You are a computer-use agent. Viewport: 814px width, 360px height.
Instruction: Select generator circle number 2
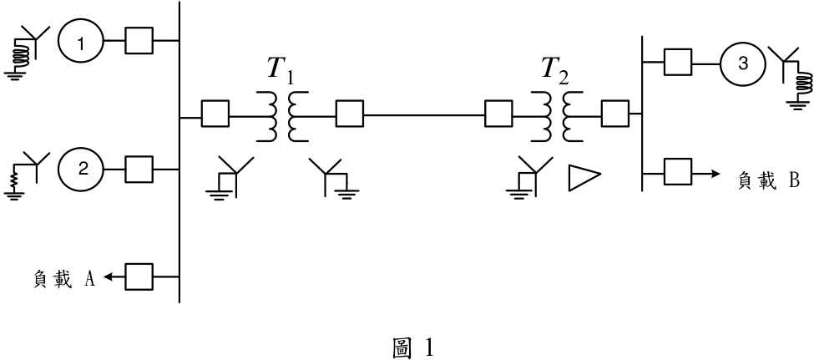tap(81, 169)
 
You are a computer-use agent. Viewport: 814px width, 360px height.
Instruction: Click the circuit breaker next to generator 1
tap(139, 40)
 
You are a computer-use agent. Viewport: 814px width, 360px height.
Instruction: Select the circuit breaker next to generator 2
tap(139, 169)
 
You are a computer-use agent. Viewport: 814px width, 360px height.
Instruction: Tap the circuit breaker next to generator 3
tap(678, 63)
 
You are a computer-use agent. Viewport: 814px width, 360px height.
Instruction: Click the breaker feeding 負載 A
tap(139, 276)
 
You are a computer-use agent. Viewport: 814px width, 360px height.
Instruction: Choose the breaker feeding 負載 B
tap(678, 172)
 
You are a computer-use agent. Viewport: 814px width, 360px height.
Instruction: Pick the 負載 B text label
tap(769, 180)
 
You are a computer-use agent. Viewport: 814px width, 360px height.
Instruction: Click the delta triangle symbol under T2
tap(584, 178)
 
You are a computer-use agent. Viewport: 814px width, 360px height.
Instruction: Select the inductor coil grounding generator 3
tap(804, 84)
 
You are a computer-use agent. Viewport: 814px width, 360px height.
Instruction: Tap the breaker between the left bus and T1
tap(215, 114)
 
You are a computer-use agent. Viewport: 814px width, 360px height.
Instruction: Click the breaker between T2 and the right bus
tap(615, 114)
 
